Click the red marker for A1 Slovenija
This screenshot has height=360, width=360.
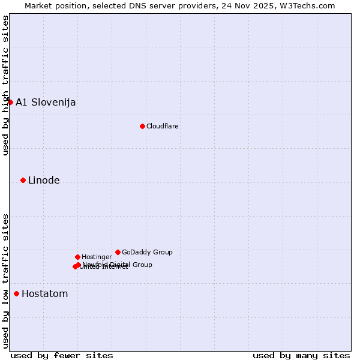point(10,102)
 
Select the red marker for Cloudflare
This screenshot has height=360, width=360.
point(142,126)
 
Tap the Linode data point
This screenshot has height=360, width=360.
point(23,180)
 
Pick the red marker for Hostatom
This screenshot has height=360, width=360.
point(16,293)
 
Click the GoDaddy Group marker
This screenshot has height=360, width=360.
point(118,252)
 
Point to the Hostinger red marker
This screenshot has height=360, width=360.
point(77,257)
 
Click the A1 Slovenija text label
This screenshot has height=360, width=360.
point(46,102)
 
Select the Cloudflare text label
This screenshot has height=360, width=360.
point(163,126)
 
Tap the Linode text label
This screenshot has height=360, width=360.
point(44,180)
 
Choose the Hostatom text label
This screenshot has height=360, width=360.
point(44,293)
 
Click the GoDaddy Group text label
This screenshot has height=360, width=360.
point(147,252)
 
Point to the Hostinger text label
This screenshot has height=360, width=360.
point(97,257)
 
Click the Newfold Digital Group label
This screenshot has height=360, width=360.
point(118,264)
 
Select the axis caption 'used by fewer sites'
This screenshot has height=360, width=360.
point(62,355)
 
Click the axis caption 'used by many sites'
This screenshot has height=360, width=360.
point(301,355)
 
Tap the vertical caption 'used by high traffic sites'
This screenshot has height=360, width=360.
point(5,85)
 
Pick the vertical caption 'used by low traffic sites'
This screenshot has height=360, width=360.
point(5,281)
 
